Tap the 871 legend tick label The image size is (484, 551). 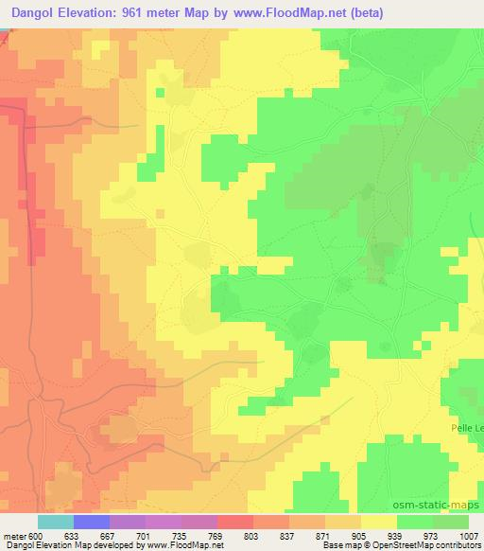click(325, 535)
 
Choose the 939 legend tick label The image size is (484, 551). click(397, 535)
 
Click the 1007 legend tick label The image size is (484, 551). click(468, 535)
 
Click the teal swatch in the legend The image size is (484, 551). click(56, 522)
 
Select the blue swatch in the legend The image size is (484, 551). click(92, 522)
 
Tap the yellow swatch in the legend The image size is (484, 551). click(379, 522)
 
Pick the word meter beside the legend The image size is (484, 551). click(14, 535)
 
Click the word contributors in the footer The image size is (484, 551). click(462, 545)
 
